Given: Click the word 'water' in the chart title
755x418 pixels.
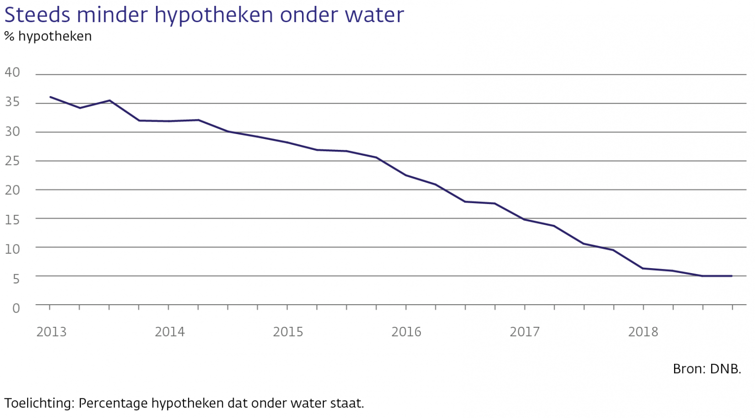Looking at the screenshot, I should point(374,15).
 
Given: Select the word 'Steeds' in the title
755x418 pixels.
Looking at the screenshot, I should point(37,15).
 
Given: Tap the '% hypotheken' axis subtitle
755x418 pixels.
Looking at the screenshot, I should point(48,36).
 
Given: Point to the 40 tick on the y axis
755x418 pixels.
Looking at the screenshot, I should point(12,72).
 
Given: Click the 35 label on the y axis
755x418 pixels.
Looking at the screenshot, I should point(12,102).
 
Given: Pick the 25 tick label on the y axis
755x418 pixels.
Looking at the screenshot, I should point(12,161).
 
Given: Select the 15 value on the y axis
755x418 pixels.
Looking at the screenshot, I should point(12,219).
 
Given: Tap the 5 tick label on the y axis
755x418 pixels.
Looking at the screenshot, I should point(16,279).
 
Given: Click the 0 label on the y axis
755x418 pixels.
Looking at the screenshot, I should point(16,308).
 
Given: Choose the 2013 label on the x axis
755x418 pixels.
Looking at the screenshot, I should point(51,332).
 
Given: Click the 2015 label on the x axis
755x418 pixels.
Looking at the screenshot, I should point(288,332).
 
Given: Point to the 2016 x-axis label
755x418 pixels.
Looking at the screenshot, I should point(406,332).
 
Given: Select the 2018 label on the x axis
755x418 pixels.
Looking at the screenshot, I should point(643,332).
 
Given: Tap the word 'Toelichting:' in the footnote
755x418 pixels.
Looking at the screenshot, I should point(39,403).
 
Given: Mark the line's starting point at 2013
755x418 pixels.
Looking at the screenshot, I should point(50,97).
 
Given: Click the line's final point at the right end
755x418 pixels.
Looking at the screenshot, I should point(731,276).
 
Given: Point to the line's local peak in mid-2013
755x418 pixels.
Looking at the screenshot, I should point(110,101).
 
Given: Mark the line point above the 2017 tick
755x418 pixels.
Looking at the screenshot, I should point(525,219).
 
